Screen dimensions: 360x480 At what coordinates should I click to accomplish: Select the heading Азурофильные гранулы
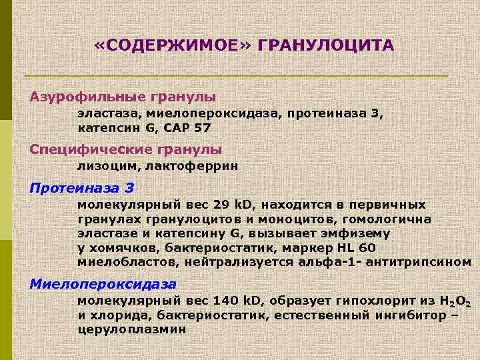point(123,97)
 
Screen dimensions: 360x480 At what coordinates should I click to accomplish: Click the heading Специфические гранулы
point(126,149)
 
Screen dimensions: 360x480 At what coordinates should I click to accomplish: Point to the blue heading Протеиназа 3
point(82,187)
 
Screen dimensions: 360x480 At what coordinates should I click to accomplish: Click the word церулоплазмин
point(132,329)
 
